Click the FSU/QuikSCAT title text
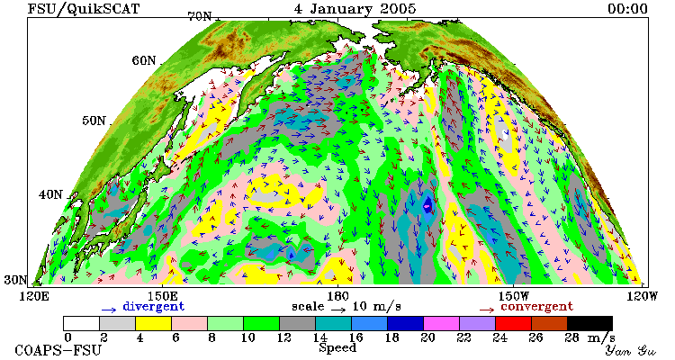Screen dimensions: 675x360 (x=84, y=9)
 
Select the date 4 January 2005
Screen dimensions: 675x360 (x=355, y=9)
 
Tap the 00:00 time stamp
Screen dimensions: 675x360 (x=627, y=9)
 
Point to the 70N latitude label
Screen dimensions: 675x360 (x=199, y=16)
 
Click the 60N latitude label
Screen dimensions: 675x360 (x=144, y=60)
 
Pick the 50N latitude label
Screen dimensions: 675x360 (x=94, y=121)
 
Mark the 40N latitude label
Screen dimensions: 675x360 (x=50, y=194)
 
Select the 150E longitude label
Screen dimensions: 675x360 (x=162, y=296)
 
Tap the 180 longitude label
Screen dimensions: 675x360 (x=337, y=296)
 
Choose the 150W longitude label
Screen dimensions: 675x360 (x=514, y=296)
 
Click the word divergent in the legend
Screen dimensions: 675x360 (x=154, y=307)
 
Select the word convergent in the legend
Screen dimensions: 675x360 (x=536, y=307)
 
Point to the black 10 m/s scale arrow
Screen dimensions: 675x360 (x=337, y=309)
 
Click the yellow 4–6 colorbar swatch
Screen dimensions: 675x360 (x=153, y=323)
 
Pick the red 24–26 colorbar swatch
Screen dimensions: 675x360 (x=513, y=323)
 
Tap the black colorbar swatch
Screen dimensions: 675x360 (x=589, y=323)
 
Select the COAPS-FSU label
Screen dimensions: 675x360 (x=58, y=350)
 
